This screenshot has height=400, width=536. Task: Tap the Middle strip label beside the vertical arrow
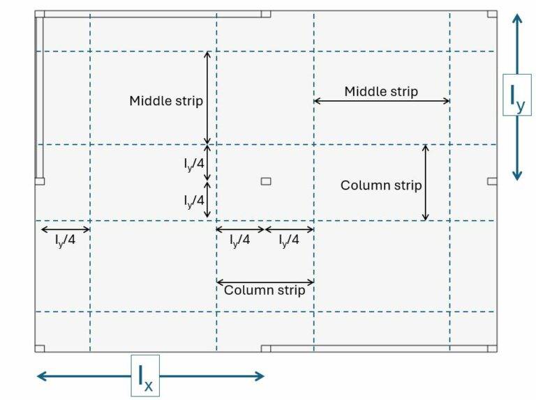pyautogui.click(x=166, y=101)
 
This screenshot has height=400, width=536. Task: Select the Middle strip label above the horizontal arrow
pyautogui.click(x=381, y=91)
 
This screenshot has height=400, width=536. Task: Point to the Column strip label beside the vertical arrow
pyautogui.click(x=381, y=185)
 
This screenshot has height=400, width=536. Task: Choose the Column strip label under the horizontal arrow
pyautogui.click(x=265, y=291)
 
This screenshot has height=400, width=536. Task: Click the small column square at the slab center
pyautogui.click(x=266, y=182)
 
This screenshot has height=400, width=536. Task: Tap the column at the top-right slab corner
pyautogui.click(x=492, y=14)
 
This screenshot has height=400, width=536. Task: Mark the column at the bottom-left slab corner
pyautogui.click(x=40, y=348)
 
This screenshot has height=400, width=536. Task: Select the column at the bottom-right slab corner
pyautogui.click(x=492, y=348)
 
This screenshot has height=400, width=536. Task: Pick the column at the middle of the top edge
pyautogui.click(x=266, y=14)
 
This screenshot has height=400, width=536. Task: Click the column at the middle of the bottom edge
pyautogui.click(x=266, y=348)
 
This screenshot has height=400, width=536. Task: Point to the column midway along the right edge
pyautogui.click(x=492, y=181)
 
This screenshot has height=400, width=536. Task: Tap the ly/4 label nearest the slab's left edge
pyautogui.click(x=65, y=241)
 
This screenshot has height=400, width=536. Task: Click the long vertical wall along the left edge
pyautogui.click(x=39, y=98)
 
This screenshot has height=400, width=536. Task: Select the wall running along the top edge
pyautogui.click(x=154, y=14)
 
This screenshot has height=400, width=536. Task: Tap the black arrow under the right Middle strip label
pyautogui.click(x=381, y=101)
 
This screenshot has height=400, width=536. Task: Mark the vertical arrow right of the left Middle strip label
pyautogui.click(x=207, y=98)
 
